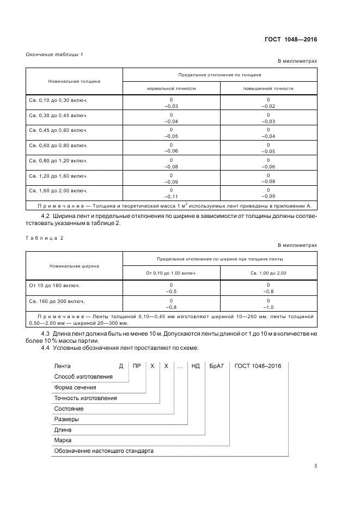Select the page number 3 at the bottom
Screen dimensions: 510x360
[315, 465]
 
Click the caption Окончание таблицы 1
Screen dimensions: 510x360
[54, 54]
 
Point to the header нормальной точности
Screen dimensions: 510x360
[171, 88]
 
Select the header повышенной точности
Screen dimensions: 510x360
[269, 88]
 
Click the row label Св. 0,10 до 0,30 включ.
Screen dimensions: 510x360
[58, 101]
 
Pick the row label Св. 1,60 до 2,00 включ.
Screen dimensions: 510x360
[58, 191]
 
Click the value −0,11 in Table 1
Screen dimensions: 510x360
[171, 195]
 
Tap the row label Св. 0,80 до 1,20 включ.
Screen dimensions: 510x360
[58, 161]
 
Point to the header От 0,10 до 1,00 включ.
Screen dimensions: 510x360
[171, 272]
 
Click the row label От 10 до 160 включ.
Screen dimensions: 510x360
[54, 286]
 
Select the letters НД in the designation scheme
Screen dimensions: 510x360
[196, 366]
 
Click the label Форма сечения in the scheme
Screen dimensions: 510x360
[75, 387]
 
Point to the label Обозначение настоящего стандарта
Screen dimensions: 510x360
[103, 451]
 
